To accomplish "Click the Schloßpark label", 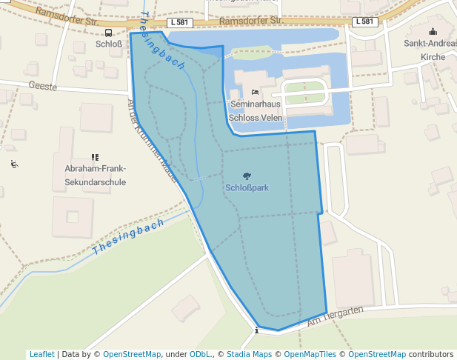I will [247, 188].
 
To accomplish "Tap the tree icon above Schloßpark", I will [247, 176].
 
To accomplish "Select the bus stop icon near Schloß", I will [108, 33].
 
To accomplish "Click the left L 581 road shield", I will [181, 22].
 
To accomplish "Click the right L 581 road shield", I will [366, 21].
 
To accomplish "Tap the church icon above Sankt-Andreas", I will [433, 32].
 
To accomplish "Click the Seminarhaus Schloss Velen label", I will [256, 111].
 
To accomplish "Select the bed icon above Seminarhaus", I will [256, 93].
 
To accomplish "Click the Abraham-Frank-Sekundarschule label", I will [95, 175].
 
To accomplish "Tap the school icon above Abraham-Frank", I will [95, 157].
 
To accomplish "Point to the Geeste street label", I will [42, 86].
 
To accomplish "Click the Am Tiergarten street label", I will [334, 316].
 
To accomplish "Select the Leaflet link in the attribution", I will [42, 354].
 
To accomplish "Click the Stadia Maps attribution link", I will [249, 354].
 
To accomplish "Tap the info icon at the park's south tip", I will [256, 330].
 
